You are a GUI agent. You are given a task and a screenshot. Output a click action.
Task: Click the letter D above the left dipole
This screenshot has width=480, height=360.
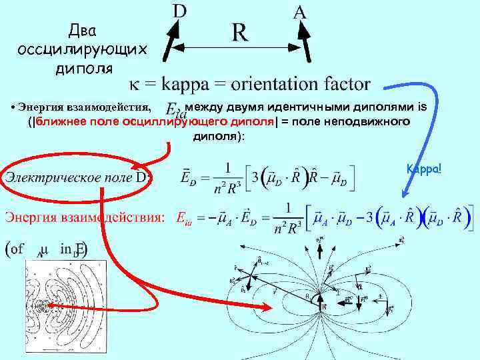(179, 11)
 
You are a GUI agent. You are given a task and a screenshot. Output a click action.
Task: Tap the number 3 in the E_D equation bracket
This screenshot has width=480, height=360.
(255, 179)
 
